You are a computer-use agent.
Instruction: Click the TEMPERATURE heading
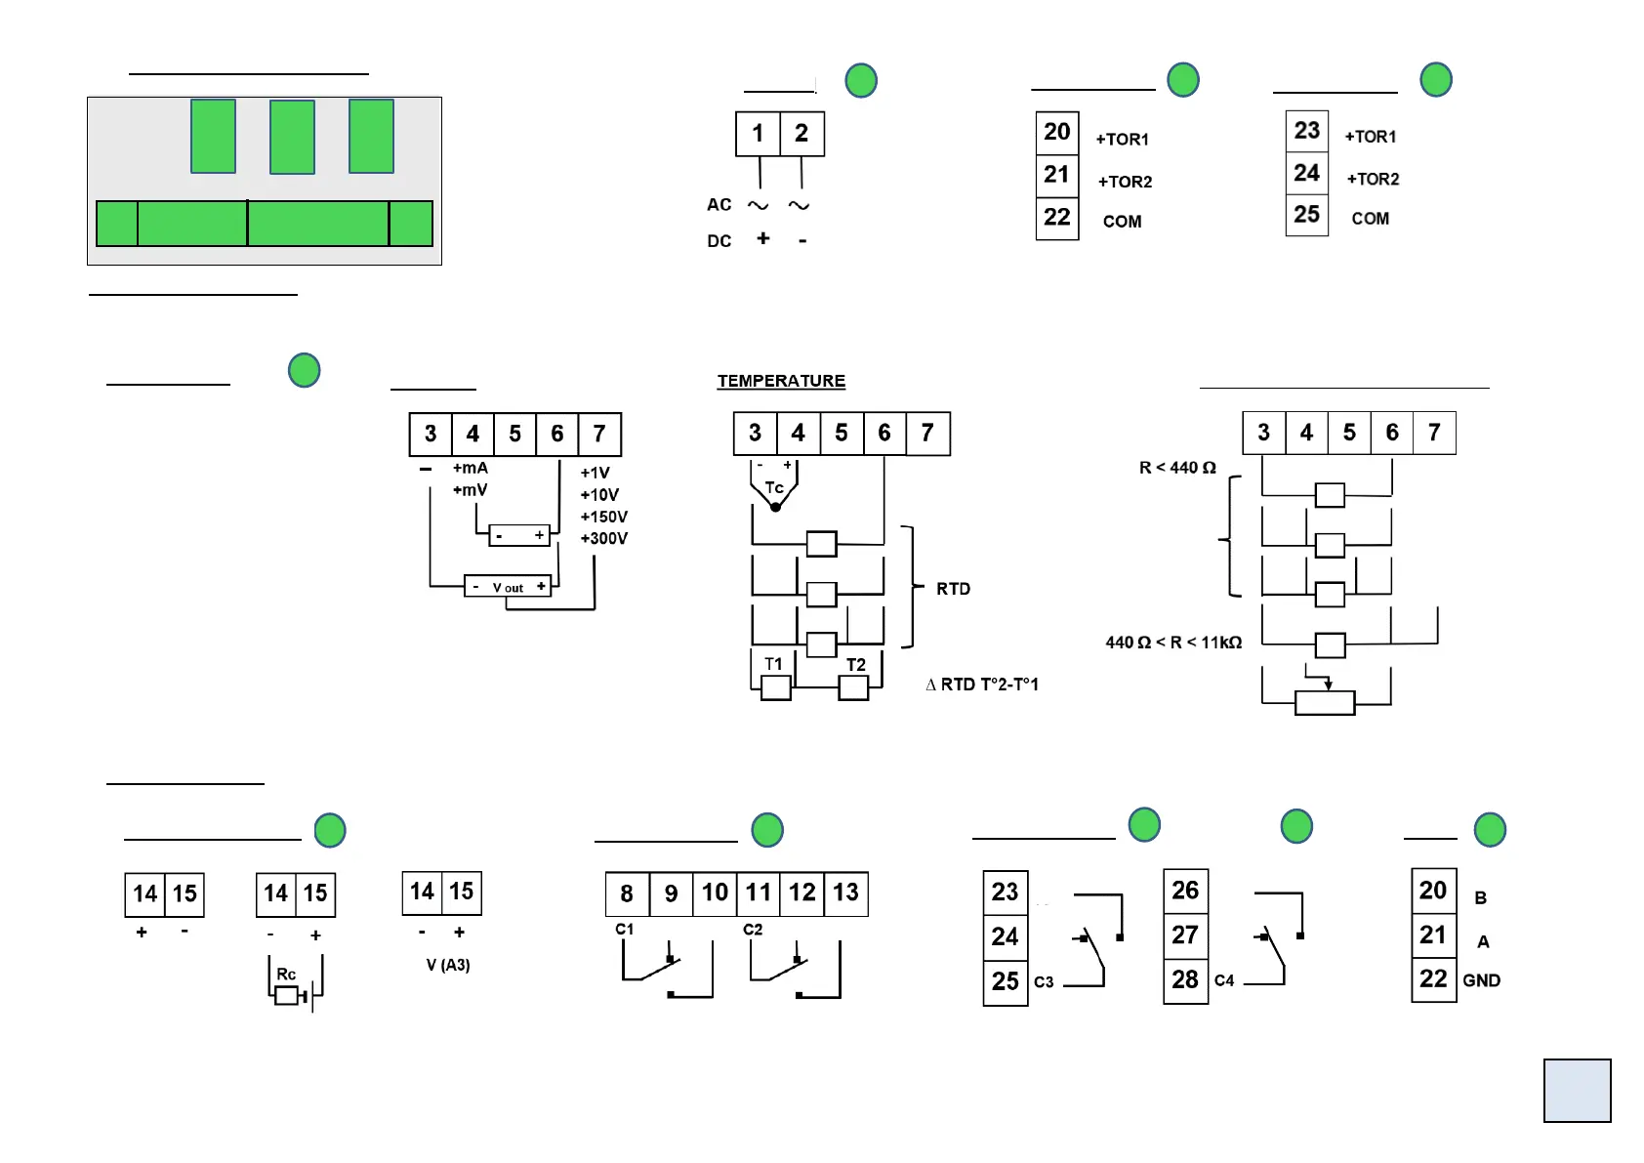pyautogui.click(x=781, y=381)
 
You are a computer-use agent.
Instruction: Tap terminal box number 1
pyautogui.click(x=758, y=134)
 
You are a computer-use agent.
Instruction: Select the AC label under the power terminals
pyautogui.click(x=719, y=205)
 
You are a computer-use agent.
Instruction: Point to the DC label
pyautogui.click(x=719, y=241)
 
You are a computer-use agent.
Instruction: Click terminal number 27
pyautogui.click(x=1185, y=935)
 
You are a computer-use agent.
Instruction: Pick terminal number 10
pyautogui.click(x=715, y=893)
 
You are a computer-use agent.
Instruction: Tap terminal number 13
pyautogui.click(x=845, y=893)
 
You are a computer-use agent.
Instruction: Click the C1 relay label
pyautogui.click(x=625, y=930)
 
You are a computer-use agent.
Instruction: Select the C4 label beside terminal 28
pyautogui.click(x=1224, y=980)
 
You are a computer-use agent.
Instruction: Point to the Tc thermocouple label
pyautogui.click(x=774, y=487)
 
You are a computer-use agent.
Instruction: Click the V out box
pyautogui.click(x=508, y=587)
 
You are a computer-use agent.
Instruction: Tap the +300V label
pyautogui.click(x=604, y=538)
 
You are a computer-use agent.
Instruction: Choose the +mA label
pyautogui.click(x=471, y=469)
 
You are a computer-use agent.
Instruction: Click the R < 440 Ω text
pyautogui.click(x=1177, y=468)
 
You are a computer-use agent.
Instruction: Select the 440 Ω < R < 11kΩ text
pyautogui.click(x=1173, y=643)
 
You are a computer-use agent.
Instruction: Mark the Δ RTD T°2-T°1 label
pyautogui.click(x=982, y=685)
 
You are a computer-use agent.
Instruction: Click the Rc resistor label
pyautogui.click(x=286, y=975)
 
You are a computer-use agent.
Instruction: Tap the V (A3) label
pyautogui.click(x=448, y=965)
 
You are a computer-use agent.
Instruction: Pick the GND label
pyautogui.click(x=1481, y=980)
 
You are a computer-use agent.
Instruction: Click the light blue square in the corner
pyautogui.click(x=1577, y=1090)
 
